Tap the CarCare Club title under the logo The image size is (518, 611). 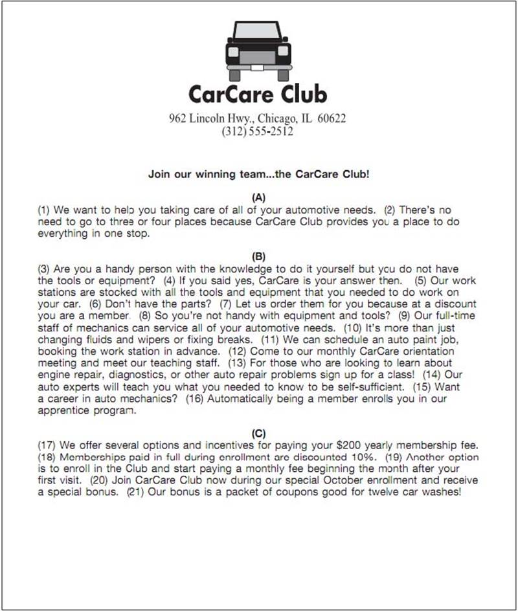pos(258,94)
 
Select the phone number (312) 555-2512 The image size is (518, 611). pos(258,131)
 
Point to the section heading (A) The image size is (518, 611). pos(258,197)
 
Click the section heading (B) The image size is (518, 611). pos(258,257)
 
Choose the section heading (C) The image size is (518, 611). pos(258,433)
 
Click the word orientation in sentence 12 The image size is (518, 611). pos(433,351)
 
